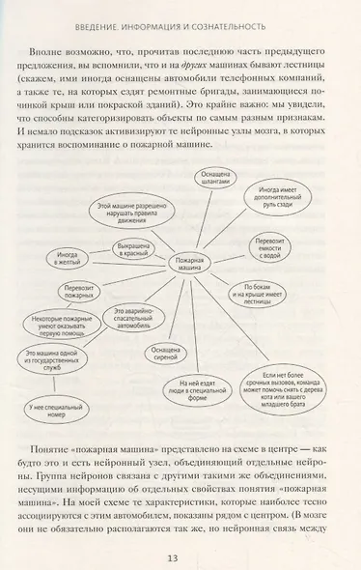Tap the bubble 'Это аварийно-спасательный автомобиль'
(135, 316)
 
